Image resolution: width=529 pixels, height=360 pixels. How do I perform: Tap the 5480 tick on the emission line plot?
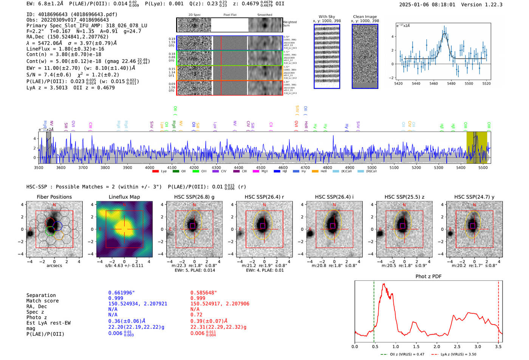click(x=451, y=83)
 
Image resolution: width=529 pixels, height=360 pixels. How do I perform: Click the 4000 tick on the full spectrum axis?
click(x=150, y=167)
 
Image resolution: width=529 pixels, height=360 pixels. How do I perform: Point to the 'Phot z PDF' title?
click(x=428, y=276)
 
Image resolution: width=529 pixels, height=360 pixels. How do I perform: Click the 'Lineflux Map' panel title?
click(x=124, y=197)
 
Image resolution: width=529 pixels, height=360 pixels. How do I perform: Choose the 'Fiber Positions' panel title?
click(x=54, y=197)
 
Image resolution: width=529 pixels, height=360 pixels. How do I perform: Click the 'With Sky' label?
click(x=326, y=17)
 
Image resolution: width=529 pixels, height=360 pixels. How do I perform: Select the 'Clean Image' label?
click(x=365, y=17)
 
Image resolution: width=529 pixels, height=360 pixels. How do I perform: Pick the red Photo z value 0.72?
click(x=196, y=315)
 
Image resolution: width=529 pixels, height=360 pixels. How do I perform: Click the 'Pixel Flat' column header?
click(x=230, y=15)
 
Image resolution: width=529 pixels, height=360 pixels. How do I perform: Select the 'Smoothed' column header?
click(x=264, y=15)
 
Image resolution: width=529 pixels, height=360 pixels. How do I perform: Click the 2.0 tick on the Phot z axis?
click(x=437, y=346)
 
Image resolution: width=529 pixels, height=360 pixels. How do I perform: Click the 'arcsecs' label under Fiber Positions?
click(x=54, y=266)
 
